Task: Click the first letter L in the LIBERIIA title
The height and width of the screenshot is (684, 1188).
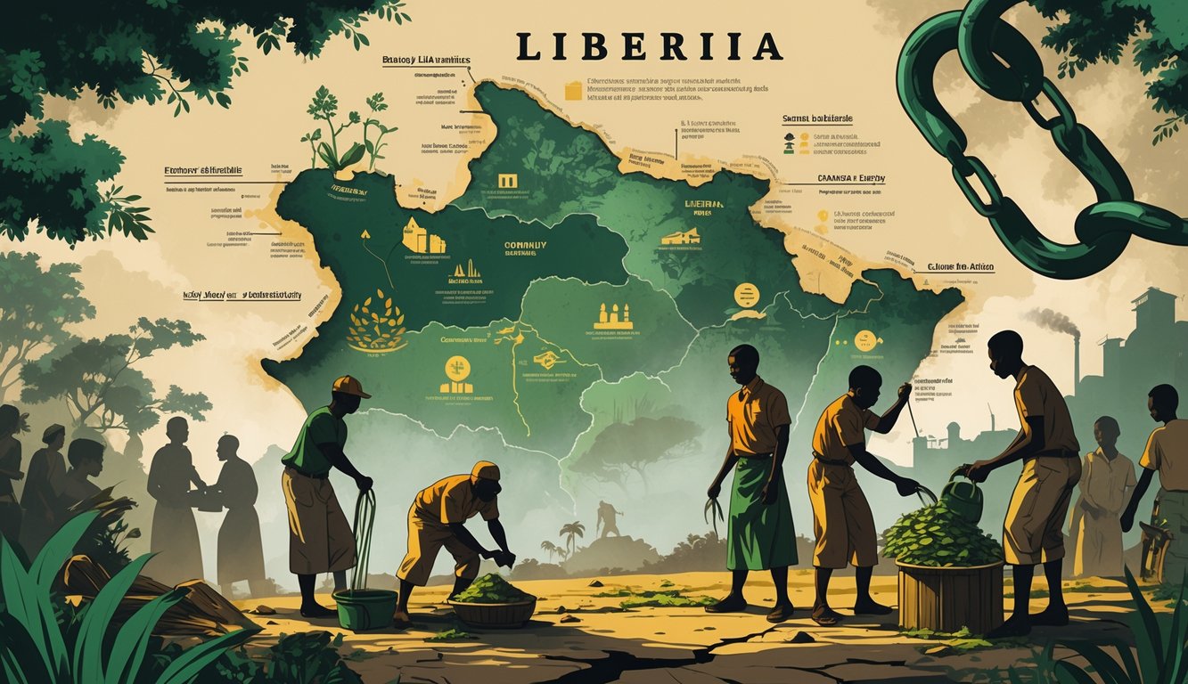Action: click(527, 48)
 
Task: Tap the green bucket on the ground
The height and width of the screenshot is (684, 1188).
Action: click(365, 608)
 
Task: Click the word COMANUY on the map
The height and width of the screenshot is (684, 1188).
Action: click(525, 245)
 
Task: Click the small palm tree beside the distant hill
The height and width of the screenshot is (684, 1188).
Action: click(571, 533)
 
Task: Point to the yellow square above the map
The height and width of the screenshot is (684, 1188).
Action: click(573, 90)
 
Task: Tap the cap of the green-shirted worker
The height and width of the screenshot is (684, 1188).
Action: click(350, 387)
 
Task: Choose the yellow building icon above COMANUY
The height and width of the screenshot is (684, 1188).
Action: click(424, 236)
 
